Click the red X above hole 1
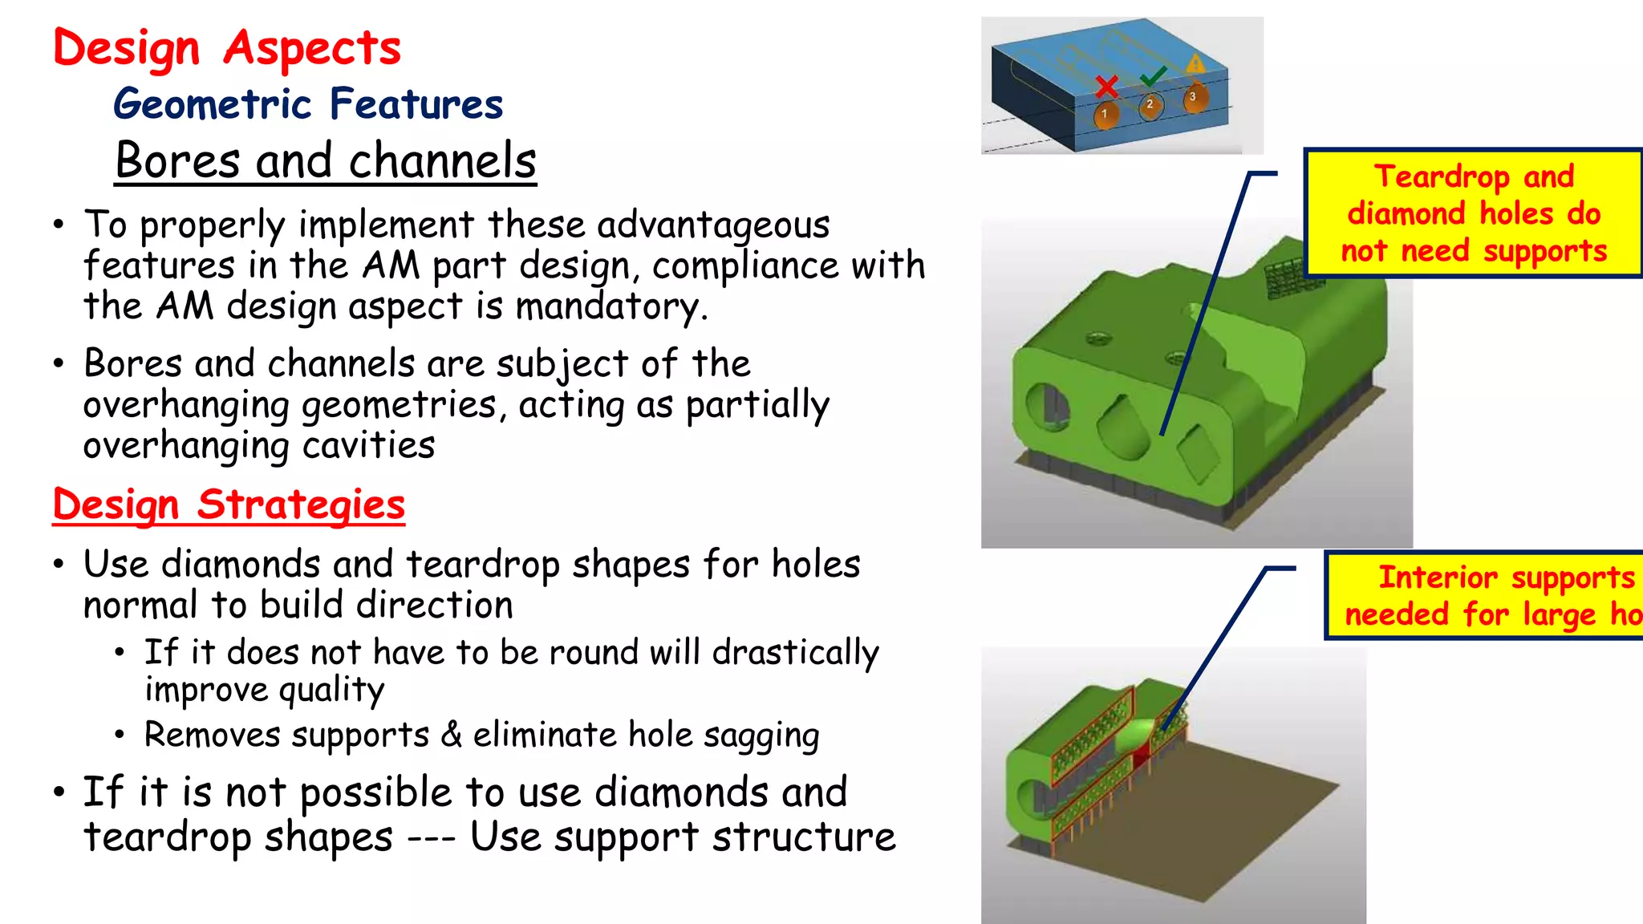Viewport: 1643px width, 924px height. (x=1107, y=86)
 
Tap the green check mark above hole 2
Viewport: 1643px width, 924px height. (x=1153, y=76)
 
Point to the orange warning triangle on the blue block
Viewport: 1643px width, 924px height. (x=1195, y=63)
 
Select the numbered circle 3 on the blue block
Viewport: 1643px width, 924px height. (x=1194, y=97)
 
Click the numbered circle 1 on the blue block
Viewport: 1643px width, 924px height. (x=1105, y=114)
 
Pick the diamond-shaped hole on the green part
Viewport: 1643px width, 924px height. (x=1198, y=454)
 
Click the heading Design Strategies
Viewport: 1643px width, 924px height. (x=229, y=505)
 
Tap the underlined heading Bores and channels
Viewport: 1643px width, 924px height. (x=325, y=160)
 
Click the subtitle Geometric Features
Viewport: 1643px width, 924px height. (x=308, y=104)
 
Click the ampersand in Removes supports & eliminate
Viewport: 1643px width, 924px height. (x=451, y=734)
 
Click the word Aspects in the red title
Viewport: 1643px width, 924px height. (x=312, y=48)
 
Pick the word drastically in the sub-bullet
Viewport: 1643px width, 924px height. (x=795, y=653)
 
